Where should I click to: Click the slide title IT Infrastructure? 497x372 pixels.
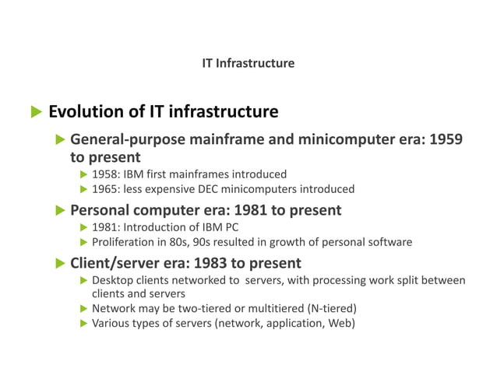[248, 63]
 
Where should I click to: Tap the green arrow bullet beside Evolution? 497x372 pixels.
[34, 113]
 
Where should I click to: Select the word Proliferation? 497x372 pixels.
[126, 242]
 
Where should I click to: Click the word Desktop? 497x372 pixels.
[113, 280]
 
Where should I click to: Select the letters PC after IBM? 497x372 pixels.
[230, 227]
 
